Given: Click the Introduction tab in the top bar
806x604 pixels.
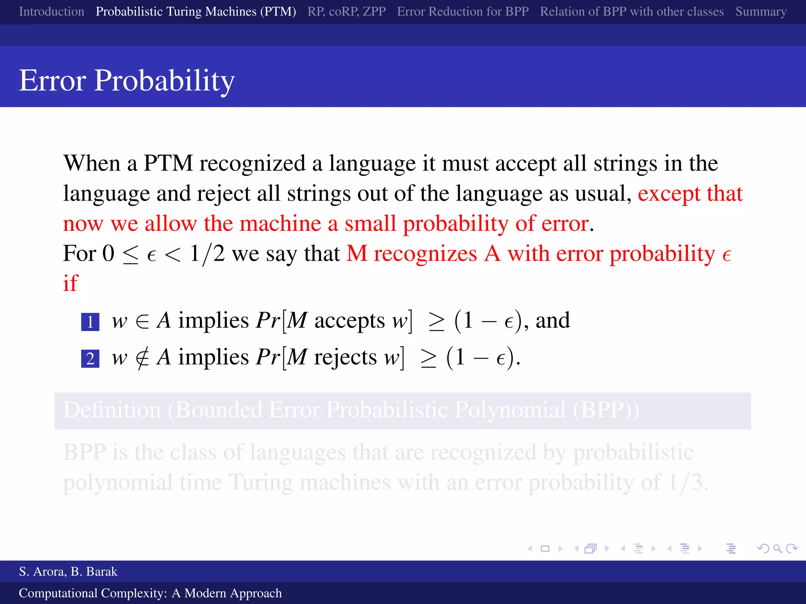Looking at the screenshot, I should [x=52, y=12].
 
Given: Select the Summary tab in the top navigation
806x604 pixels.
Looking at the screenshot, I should [x=760, y=12].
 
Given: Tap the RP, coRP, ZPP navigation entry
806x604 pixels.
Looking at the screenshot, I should [x=346, y=12].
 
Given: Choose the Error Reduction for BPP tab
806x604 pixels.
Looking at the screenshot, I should [x=462, y=12].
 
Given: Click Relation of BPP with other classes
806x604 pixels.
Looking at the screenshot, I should [x=632, y=12].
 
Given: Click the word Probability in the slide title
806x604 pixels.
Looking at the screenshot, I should [x=164, y=81].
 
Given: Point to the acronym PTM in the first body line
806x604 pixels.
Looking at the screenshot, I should [x=168, y=163].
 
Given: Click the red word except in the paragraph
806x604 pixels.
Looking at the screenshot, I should [x=669, y=193].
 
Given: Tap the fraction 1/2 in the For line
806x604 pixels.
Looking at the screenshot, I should [x=207, y=254].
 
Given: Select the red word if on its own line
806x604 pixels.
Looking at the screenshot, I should [x=71, y=283].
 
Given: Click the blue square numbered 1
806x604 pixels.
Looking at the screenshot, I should [x=90, y=322].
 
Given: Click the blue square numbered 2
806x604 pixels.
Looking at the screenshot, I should [x=90, y=359].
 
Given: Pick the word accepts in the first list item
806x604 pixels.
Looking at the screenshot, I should [x=349, y=320].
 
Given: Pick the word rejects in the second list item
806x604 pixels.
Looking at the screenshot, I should [x=345, y=357].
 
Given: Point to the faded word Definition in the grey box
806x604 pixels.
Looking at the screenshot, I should [x=112, y=410].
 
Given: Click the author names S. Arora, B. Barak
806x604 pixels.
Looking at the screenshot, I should [x=68, y=571].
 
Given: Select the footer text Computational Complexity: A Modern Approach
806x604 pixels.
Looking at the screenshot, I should [x=150, y=593].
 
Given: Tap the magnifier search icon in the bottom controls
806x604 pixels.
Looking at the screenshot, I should [x=777, y=549].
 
